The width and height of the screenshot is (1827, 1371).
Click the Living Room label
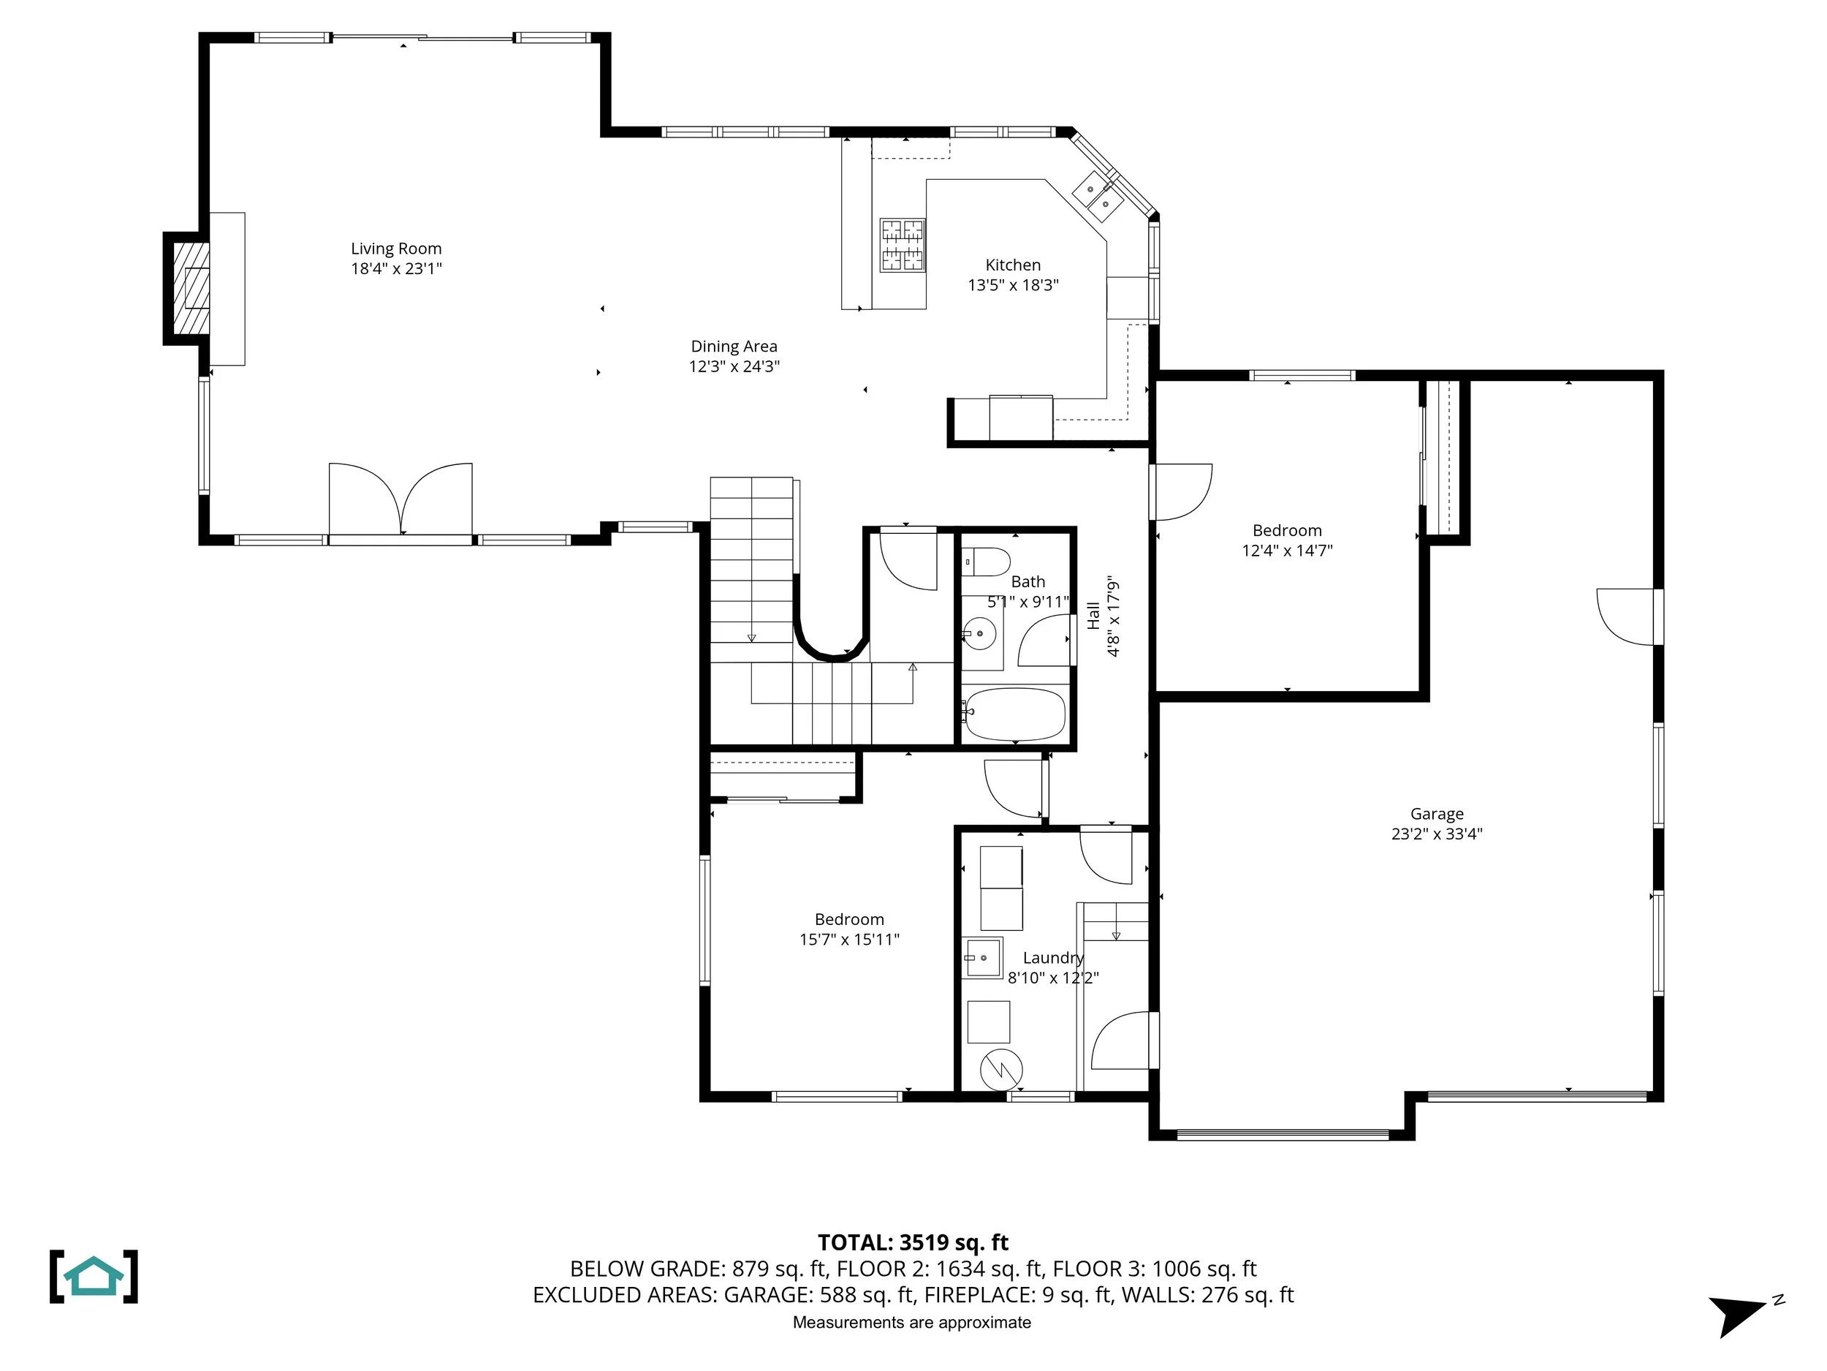coord(396,249)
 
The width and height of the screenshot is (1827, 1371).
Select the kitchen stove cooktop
coord(902,245)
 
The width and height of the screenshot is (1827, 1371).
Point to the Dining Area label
coord(734,347)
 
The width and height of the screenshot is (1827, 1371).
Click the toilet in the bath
coord(985,562)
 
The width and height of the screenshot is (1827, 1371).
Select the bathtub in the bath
coord(1014,714)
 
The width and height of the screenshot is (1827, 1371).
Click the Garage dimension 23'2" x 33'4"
coord(1437,834)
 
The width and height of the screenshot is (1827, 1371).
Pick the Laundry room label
coord(1053,958)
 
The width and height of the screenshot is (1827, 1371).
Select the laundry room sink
coord(983,958)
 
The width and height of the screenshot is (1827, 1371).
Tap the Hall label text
coord(1093,616)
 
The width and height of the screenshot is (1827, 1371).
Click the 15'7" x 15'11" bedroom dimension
coord(849,939)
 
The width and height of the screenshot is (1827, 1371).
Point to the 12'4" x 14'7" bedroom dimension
coord(1288,551)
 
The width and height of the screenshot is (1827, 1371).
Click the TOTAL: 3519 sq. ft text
coord(913,1242)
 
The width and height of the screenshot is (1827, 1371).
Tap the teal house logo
coord(94,1277)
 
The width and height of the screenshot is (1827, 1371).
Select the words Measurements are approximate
coord(912,1322)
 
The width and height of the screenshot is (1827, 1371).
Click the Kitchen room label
coord(1014,265)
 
